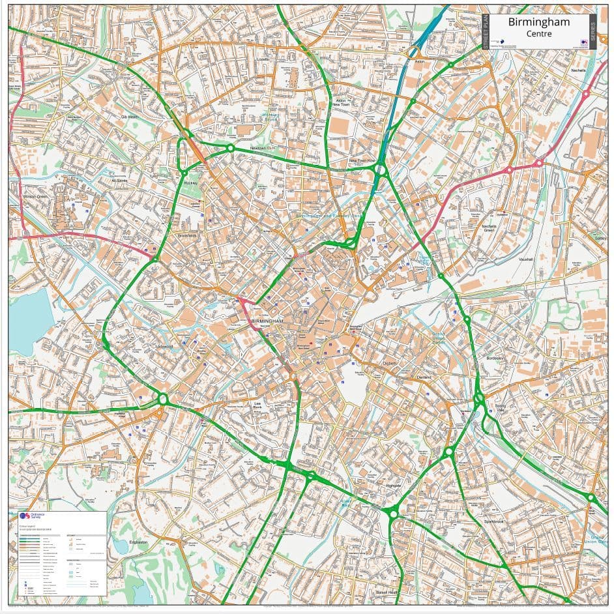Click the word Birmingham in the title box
pos(538,22)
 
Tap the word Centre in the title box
pos(538,33)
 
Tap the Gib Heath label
pos(130,117)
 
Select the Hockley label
pos(190,184)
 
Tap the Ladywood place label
pos(164,346)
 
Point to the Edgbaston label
pos(139,542)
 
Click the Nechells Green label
pos(489,228)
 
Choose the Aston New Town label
pos(340,102)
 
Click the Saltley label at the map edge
pos(600,238)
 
